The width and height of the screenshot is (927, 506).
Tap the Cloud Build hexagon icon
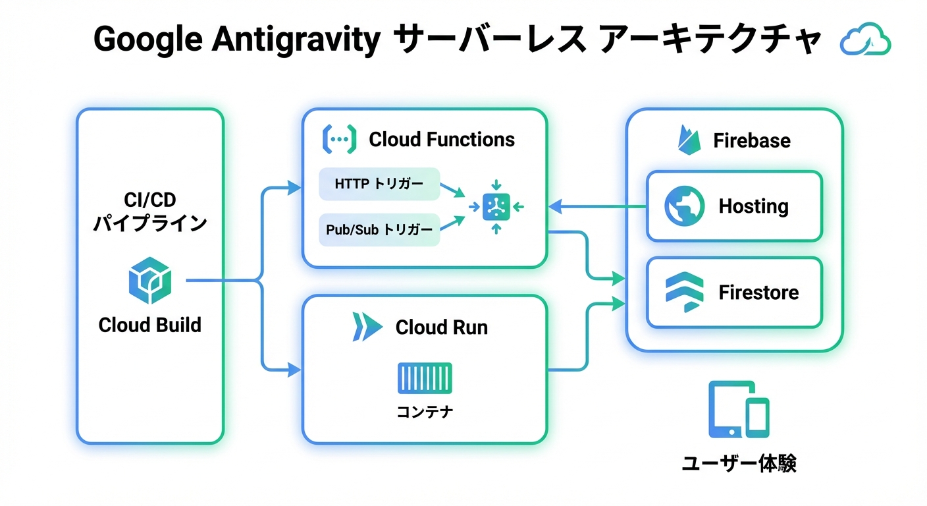[x=149, y=281]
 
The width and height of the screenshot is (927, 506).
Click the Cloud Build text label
[x=149, y=325]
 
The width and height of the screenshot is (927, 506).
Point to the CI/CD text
[x=149, y=200]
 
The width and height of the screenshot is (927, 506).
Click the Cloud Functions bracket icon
[x=339, y=139]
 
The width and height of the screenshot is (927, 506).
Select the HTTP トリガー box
[x=379, y=184]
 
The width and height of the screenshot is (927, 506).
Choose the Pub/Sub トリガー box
[x=379, y=229]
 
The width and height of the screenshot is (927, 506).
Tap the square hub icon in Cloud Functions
[x=496, y=207]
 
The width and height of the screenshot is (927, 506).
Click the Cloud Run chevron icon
[x=367, y=327]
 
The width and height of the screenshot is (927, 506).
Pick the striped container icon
[x=425, y=378]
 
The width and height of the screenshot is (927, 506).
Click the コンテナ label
[x=425, y=412]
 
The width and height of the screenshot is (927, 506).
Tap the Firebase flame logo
[x=687, y=140]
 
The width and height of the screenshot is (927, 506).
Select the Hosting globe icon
[x=684, y=206]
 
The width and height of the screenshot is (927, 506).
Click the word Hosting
[x=753, y=206]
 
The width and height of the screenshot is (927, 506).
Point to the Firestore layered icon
[x=684, y=293]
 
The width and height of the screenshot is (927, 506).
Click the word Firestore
[x=758, y=293]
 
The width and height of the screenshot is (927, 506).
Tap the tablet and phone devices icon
[x=738, y=410]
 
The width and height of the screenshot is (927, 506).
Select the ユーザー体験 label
[x=738, y=463]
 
